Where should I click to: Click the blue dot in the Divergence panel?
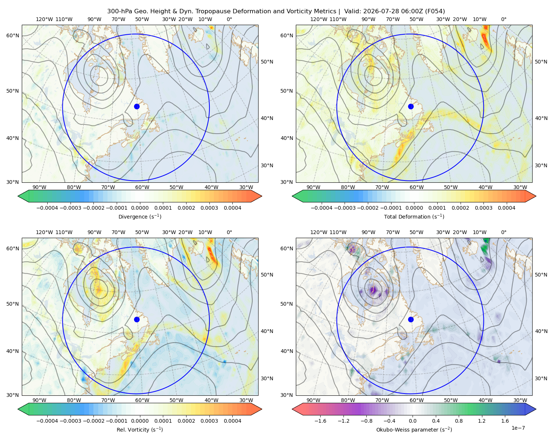tap(137, 106)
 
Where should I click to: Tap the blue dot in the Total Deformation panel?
tap(411, 106)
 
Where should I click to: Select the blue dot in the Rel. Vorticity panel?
tap(137, 319)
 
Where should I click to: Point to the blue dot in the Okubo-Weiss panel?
tap(411, 319)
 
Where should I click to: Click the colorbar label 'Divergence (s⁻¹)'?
tap(140, 216)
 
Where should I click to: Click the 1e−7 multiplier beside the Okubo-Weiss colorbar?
tap(518, 428)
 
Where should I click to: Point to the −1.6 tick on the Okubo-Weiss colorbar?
tap(320, 420)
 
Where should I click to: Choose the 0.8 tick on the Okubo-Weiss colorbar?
tap(459, 420)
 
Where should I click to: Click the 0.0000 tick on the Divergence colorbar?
tap(140, 208)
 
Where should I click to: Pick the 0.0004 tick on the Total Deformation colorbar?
tap(506, 208)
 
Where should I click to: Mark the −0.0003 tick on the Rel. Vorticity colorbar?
tap(70, 420)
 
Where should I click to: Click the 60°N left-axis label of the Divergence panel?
tap(13, 35)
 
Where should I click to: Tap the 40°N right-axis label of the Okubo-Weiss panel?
tap(541, 331)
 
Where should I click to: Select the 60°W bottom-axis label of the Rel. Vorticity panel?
tap(142, 400)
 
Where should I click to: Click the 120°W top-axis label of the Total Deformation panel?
tap(318, 19)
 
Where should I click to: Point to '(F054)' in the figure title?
tap(435, 11)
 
